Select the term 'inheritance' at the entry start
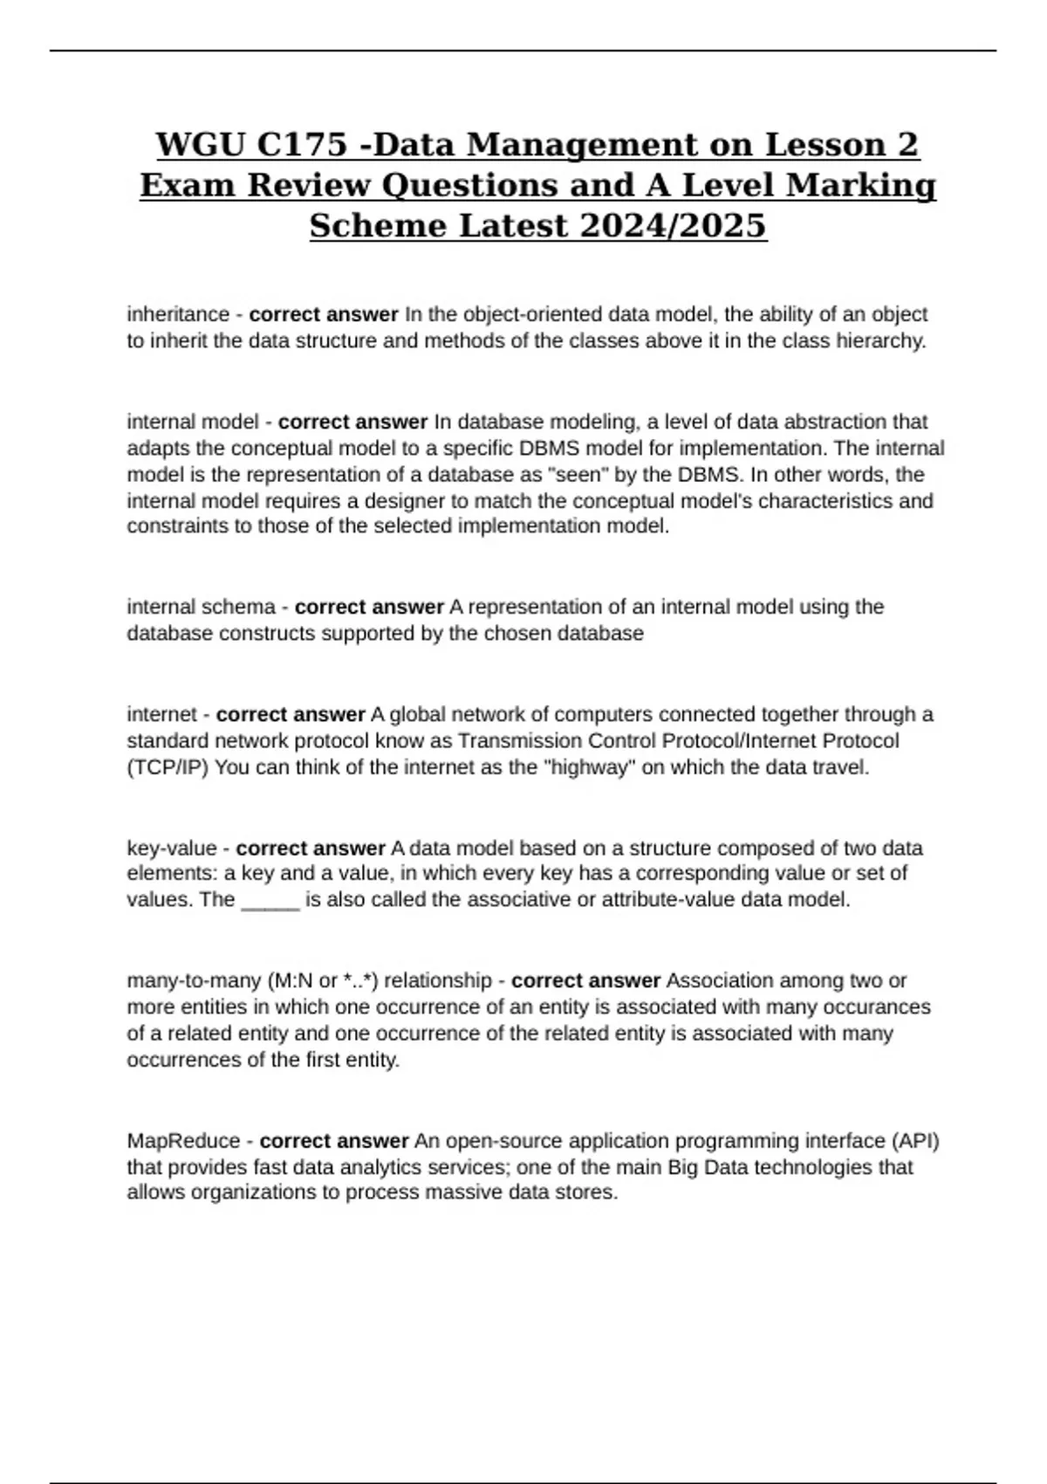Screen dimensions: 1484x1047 click(178, 314)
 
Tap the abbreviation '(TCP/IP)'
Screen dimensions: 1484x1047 click(168, 768)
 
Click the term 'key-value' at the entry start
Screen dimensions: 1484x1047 click(172, 848)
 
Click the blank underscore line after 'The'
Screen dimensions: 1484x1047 click(270, 900)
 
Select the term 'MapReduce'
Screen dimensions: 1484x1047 click(183, 1141)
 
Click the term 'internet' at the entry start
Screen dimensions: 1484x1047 click(162, 715)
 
